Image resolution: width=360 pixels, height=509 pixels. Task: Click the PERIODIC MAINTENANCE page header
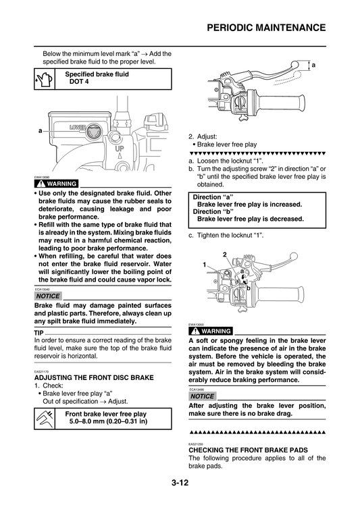pyautogui.click(x=265, y=28)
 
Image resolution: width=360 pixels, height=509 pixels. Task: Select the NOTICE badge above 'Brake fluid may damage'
pyautogui.click(x=48, y=296)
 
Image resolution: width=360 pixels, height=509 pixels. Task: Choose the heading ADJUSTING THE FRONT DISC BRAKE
pyautogui.click(x=94, y=377)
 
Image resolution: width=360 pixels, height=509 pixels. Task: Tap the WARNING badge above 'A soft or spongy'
pyautogui.click(x=210, y=331)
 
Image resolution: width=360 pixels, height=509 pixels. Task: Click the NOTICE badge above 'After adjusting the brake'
pyautogui.click(x=203, y=396)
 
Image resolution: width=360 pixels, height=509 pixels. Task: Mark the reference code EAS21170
pyautogui.click(x=41, y=371)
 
